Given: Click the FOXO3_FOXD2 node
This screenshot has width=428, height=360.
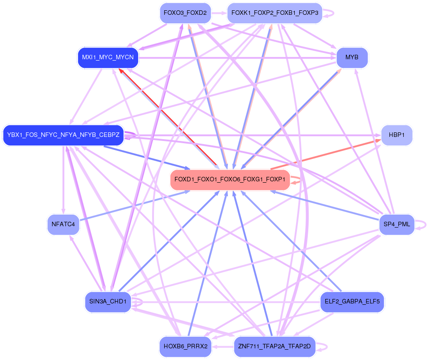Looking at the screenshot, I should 185,13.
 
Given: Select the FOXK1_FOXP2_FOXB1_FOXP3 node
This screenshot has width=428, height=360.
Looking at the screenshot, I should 275,13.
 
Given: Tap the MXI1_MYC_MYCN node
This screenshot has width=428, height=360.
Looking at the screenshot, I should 108,57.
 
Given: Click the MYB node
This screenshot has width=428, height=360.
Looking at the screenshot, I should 352,57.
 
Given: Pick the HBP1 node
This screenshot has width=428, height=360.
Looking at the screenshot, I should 396,135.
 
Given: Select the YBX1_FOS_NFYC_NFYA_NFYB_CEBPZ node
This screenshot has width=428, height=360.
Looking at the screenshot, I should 63,135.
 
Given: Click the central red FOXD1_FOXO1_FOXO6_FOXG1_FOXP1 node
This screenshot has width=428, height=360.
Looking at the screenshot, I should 230,180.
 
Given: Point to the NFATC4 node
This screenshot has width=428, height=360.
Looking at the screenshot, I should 63,224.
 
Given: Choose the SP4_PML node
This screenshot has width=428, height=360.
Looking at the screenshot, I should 397,224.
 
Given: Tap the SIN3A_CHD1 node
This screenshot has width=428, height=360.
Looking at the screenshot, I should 108,301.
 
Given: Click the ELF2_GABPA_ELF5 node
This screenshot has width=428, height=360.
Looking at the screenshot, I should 352,301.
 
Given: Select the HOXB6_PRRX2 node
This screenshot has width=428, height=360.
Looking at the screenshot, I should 185,346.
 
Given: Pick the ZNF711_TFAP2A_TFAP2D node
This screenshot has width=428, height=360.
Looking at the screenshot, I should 275,346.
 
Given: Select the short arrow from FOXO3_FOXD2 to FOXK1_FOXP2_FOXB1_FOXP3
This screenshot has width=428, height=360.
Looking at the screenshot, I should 219,13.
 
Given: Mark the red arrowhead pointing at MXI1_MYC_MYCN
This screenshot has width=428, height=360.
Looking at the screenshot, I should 121,71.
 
